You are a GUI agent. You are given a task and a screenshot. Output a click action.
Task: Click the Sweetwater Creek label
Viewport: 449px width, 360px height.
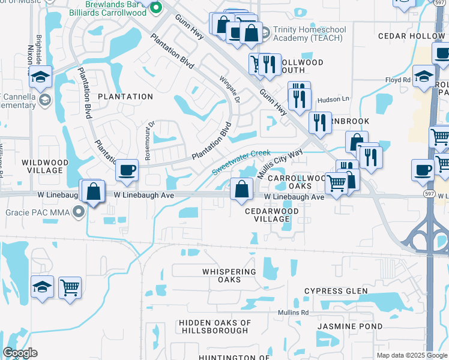tap(240, 162)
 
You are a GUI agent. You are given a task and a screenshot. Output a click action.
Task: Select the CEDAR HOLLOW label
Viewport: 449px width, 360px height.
tap(411, 36)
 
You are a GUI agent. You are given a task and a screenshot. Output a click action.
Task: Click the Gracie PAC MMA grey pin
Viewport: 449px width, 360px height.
tap(77, 211)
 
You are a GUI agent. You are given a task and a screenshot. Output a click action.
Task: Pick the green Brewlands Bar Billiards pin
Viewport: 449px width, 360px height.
tap(156, 8)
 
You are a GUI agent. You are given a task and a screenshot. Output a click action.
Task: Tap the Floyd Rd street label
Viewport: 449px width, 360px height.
tap(397, 80)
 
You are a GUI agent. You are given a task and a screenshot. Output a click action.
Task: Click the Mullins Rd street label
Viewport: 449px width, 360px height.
tap(292, 313)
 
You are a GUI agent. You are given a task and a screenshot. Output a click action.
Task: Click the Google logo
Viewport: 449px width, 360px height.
tap(20, 353)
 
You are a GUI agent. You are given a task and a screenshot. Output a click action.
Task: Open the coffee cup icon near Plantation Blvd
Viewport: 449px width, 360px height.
tap(127, 170)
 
